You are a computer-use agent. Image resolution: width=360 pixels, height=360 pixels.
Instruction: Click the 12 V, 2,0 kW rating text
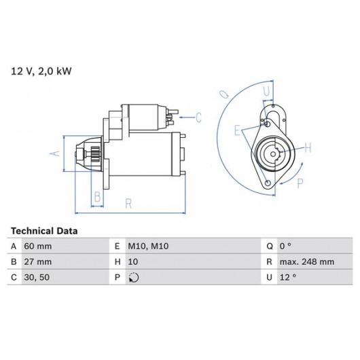41,71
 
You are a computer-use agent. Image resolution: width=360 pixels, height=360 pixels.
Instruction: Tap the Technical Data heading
44,231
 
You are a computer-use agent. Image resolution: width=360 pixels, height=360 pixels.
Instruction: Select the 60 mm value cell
38,247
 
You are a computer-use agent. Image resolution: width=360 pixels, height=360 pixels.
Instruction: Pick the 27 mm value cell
38,262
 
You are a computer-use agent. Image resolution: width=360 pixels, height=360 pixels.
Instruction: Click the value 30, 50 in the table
37,277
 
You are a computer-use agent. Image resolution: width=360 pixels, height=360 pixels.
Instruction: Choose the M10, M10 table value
148,247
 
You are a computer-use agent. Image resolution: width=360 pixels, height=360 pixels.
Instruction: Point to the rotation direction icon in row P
134,277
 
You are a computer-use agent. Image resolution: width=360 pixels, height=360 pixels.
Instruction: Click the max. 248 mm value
307,262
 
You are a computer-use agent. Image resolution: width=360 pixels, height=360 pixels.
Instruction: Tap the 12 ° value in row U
288,277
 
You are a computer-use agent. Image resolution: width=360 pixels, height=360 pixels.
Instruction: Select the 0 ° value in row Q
285,247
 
